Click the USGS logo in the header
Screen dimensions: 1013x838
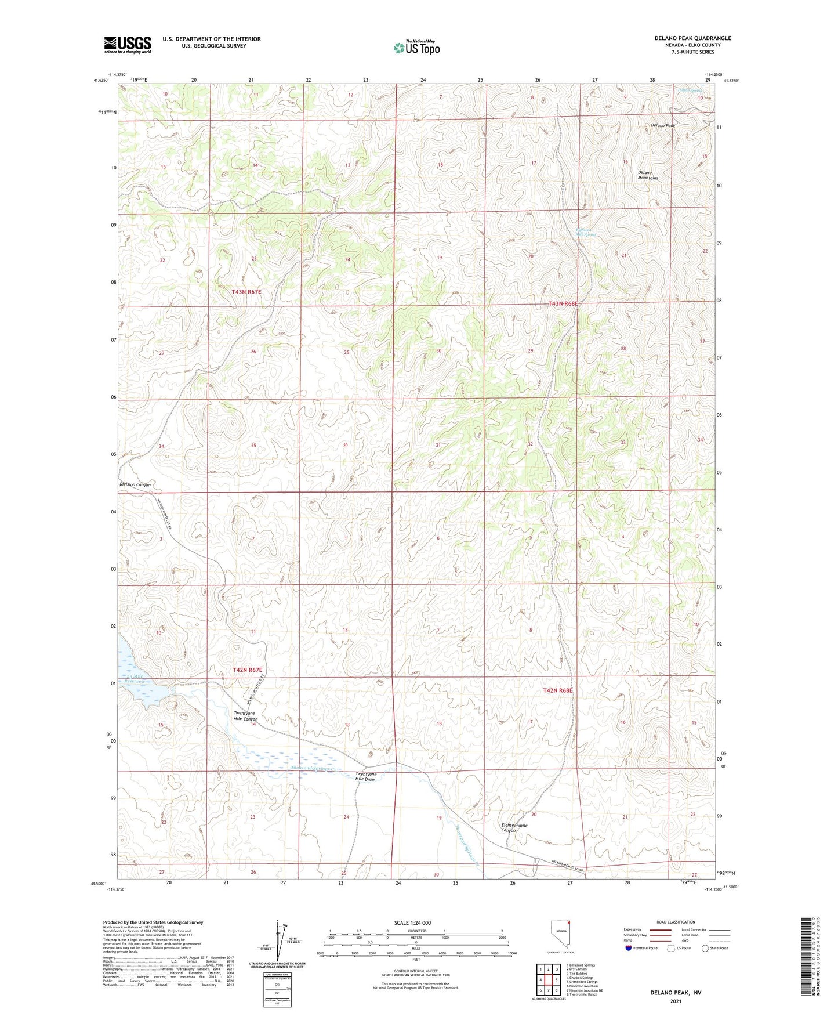(127, 45)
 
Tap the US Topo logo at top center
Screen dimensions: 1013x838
(416, 48)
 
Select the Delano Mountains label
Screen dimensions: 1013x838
(648, 175)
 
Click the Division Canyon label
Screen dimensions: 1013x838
(135, 484)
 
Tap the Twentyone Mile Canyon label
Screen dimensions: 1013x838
(245, 716)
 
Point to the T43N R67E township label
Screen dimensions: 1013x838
(246, 292)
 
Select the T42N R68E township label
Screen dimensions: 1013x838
(558, 690)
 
